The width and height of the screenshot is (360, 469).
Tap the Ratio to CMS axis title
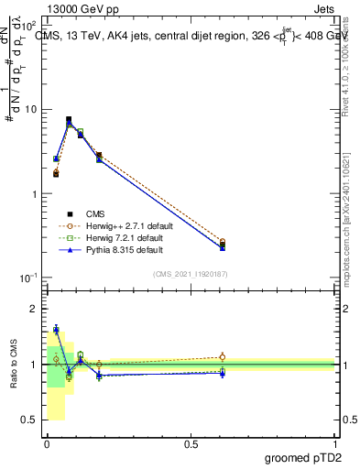pyautogui.click(x=13, y=364)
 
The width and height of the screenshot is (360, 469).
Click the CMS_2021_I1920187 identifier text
pyautogui.click(x=191, y=273)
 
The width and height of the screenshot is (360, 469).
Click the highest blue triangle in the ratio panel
pyautogui.click(x=56, y=329)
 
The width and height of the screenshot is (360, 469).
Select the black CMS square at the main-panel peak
pyautogui.click(x=69, y=119)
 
